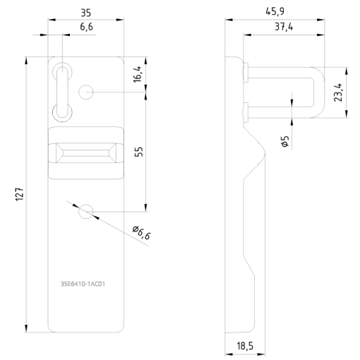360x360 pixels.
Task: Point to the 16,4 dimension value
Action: click(138, 73)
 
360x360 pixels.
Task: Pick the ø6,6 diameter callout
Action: click(141, 232)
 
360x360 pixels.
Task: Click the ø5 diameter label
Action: click(284, 141)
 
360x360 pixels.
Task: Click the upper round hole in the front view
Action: click(88, 92)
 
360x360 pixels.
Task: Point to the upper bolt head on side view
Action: click(244, 69)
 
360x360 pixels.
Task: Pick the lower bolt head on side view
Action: click(244, 109)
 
